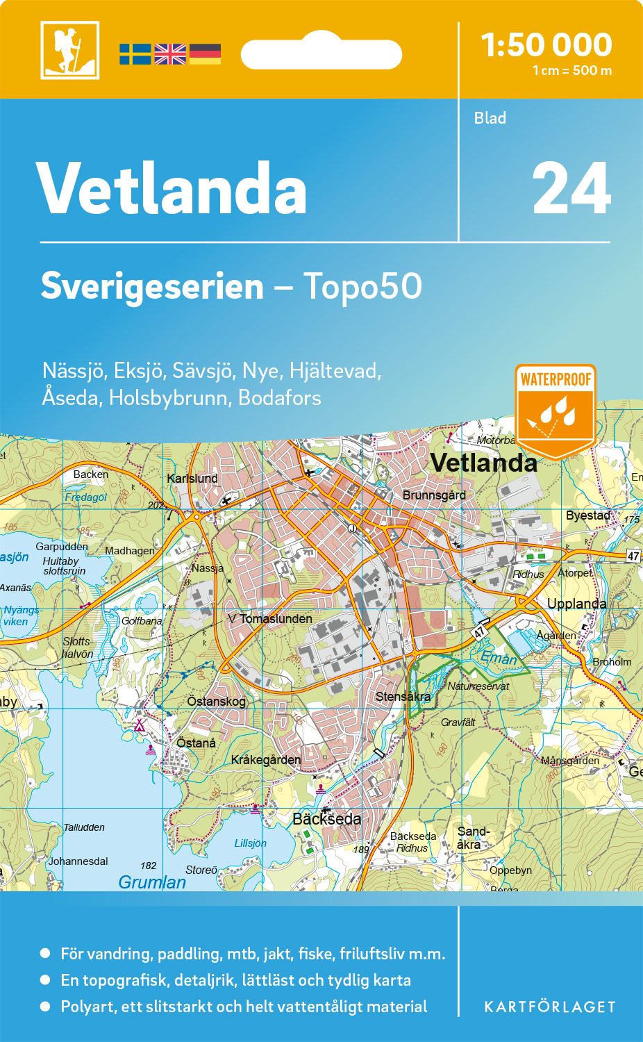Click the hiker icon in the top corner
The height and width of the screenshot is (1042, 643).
click(x=69, y=50)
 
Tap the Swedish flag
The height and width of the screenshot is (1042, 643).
click(x=135, y=54)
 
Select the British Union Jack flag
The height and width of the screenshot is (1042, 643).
click(x=170, y=54)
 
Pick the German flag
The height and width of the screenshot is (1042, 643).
click(x=205, y=54)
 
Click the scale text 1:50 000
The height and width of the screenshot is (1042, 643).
click(x=546, y=45)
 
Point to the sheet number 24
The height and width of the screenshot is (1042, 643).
click(x=571, y=189)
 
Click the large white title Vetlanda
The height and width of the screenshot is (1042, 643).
click(x=172, y=189)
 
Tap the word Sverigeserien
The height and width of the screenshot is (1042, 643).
click(x=152, y=286)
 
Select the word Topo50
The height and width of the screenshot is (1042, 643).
click(x=362, y=286)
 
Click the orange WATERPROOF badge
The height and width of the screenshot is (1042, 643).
click(x=556, y=410)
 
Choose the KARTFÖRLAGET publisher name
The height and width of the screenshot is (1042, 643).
click(x=549, y=1007)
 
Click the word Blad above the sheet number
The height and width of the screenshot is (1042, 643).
click(x=490, y=118)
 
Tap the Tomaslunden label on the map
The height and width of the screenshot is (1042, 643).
click(x=276, y=619)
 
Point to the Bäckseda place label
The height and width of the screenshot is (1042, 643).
click(x=326, y=819)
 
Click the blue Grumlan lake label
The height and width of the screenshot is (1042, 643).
click(x=152, y=882)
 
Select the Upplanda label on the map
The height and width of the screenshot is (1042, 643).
click(x=576, y=604)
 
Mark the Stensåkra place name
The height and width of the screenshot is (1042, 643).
click(x=403, y=696)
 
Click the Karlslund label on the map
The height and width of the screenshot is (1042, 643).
click(x=192, y=479)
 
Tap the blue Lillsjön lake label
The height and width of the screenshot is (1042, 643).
click(x=250, y=843)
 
